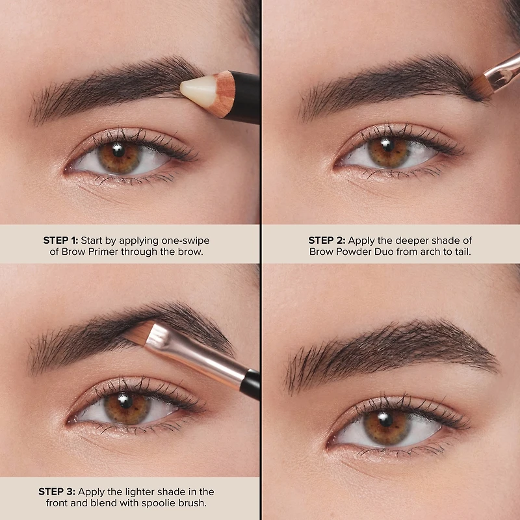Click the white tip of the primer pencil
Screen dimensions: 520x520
(196, 90)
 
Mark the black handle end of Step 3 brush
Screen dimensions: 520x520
(250, 383)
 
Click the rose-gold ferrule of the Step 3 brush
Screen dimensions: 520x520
(195, 356)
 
